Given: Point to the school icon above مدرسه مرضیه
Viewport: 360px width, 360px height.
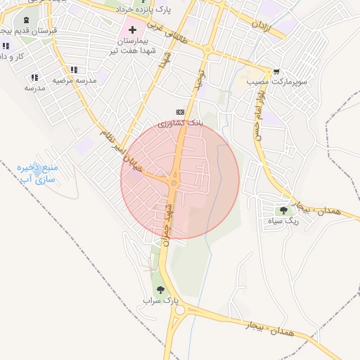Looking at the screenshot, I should (74, 70).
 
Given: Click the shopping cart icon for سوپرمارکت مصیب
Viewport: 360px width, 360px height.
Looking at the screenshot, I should (276, 72).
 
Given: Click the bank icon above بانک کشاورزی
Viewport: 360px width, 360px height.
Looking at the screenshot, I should (180, 112).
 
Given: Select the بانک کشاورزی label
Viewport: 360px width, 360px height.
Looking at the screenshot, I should (180, 123).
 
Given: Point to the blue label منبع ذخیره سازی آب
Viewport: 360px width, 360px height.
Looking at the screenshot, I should (40, 173).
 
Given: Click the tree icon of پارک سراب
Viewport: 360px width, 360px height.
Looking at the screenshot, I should (161, 289).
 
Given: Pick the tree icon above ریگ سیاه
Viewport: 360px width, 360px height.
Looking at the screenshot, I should (283, 210).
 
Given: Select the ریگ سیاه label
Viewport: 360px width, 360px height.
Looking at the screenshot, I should (283, 221).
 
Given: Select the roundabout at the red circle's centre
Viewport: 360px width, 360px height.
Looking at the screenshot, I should (174, 183).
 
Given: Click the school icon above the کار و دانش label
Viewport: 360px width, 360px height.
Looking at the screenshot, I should (6, 46).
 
